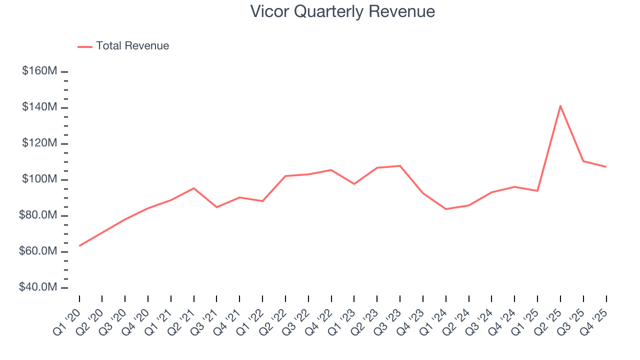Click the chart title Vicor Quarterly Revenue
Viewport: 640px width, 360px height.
342,11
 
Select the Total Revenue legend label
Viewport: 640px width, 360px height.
132,46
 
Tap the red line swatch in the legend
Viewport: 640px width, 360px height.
85,46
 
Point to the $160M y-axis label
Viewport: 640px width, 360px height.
39,71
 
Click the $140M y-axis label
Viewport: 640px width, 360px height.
39,107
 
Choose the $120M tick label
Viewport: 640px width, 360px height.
39,143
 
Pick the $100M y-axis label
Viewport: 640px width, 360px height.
39,179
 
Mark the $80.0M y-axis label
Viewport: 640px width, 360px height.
38,215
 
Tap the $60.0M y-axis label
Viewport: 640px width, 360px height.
38,251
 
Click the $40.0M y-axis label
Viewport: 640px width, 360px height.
38,287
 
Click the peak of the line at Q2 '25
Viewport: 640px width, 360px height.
560,105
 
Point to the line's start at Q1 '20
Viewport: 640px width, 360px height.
79,245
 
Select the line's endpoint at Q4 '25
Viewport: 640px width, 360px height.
606,166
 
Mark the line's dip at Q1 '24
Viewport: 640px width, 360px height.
445,209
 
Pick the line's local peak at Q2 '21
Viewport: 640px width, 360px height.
193,188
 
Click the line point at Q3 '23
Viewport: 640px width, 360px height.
400,165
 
